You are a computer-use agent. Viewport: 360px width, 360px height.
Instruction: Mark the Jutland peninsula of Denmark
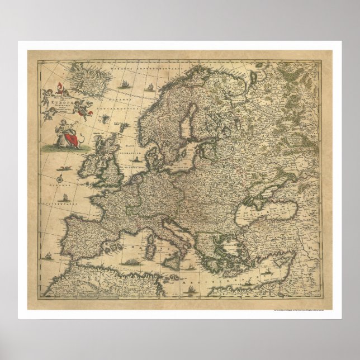[153, 156]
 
